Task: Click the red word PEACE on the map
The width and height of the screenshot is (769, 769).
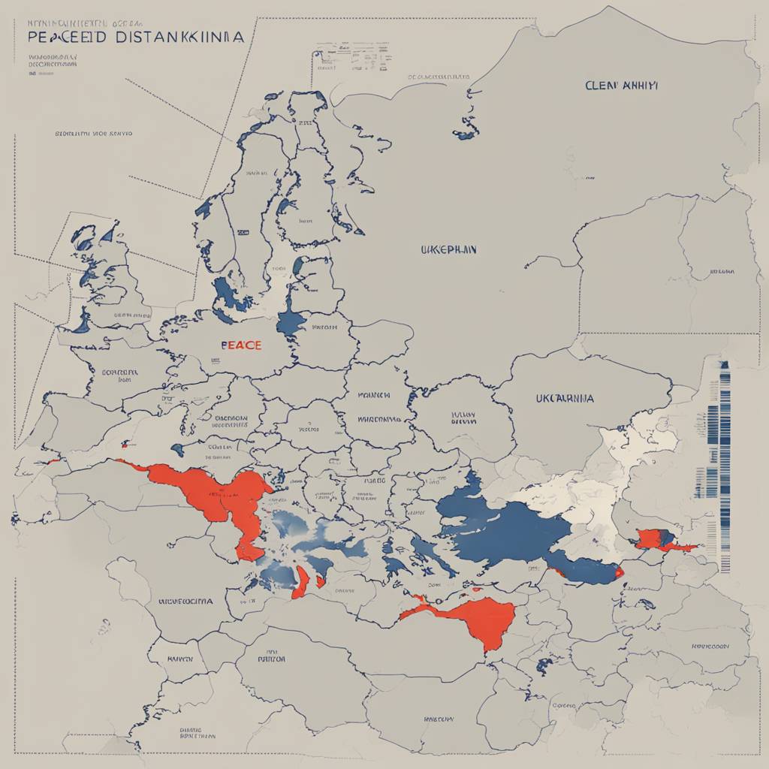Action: (x=241, y=345)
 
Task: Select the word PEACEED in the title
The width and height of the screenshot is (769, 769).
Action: (x=65, y=38)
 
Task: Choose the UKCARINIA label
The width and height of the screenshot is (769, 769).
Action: (x=564, y=397)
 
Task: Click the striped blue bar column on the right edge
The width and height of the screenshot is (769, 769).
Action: (x=724, y=466)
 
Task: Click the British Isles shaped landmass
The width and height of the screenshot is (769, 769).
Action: (x=105, y=278)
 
